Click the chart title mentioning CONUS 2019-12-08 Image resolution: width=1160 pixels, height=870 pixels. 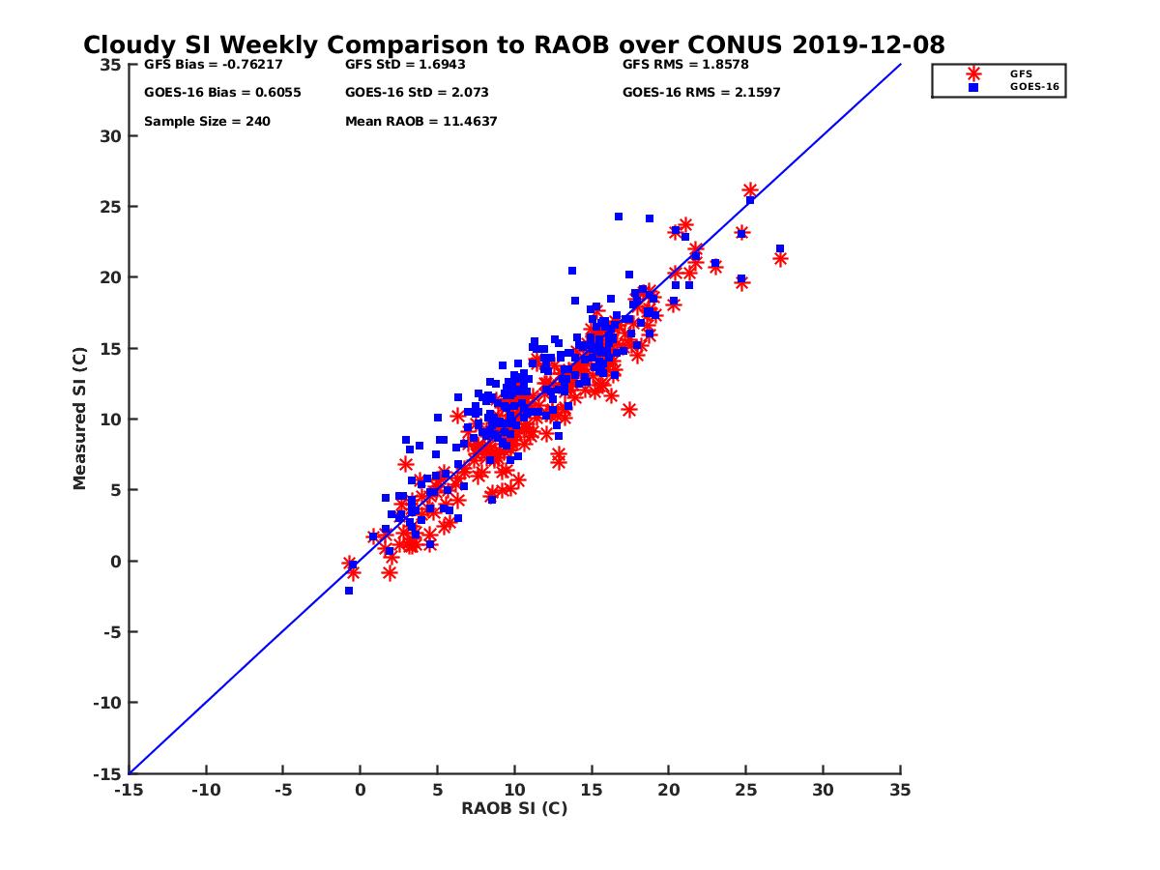coord(514,45)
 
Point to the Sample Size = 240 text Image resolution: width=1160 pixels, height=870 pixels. coord(207,122)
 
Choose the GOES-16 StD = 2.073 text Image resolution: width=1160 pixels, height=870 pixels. coord(417,93)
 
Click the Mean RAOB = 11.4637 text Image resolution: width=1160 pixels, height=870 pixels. coord(421,122)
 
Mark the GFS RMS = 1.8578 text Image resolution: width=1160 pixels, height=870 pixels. coord(685,66)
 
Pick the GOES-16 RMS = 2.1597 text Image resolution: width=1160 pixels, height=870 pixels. coord(702,93)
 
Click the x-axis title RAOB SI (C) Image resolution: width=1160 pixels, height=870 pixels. coord(514,808)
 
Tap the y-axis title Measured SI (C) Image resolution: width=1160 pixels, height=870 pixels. coord(80,419)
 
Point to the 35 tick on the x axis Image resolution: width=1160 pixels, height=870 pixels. coord(900,790)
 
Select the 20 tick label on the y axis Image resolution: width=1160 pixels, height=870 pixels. coord(109,277)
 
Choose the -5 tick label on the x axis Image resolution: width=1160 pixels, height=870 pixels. coord(282,790)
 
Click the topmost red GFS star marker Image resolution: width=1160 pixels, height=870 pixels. coord(750,190)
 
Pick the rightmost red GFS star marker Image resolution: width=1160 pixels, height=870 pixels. coord(780,258)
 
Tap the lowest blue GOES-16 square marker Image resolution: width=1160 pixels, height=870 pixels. coord(348,591)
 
